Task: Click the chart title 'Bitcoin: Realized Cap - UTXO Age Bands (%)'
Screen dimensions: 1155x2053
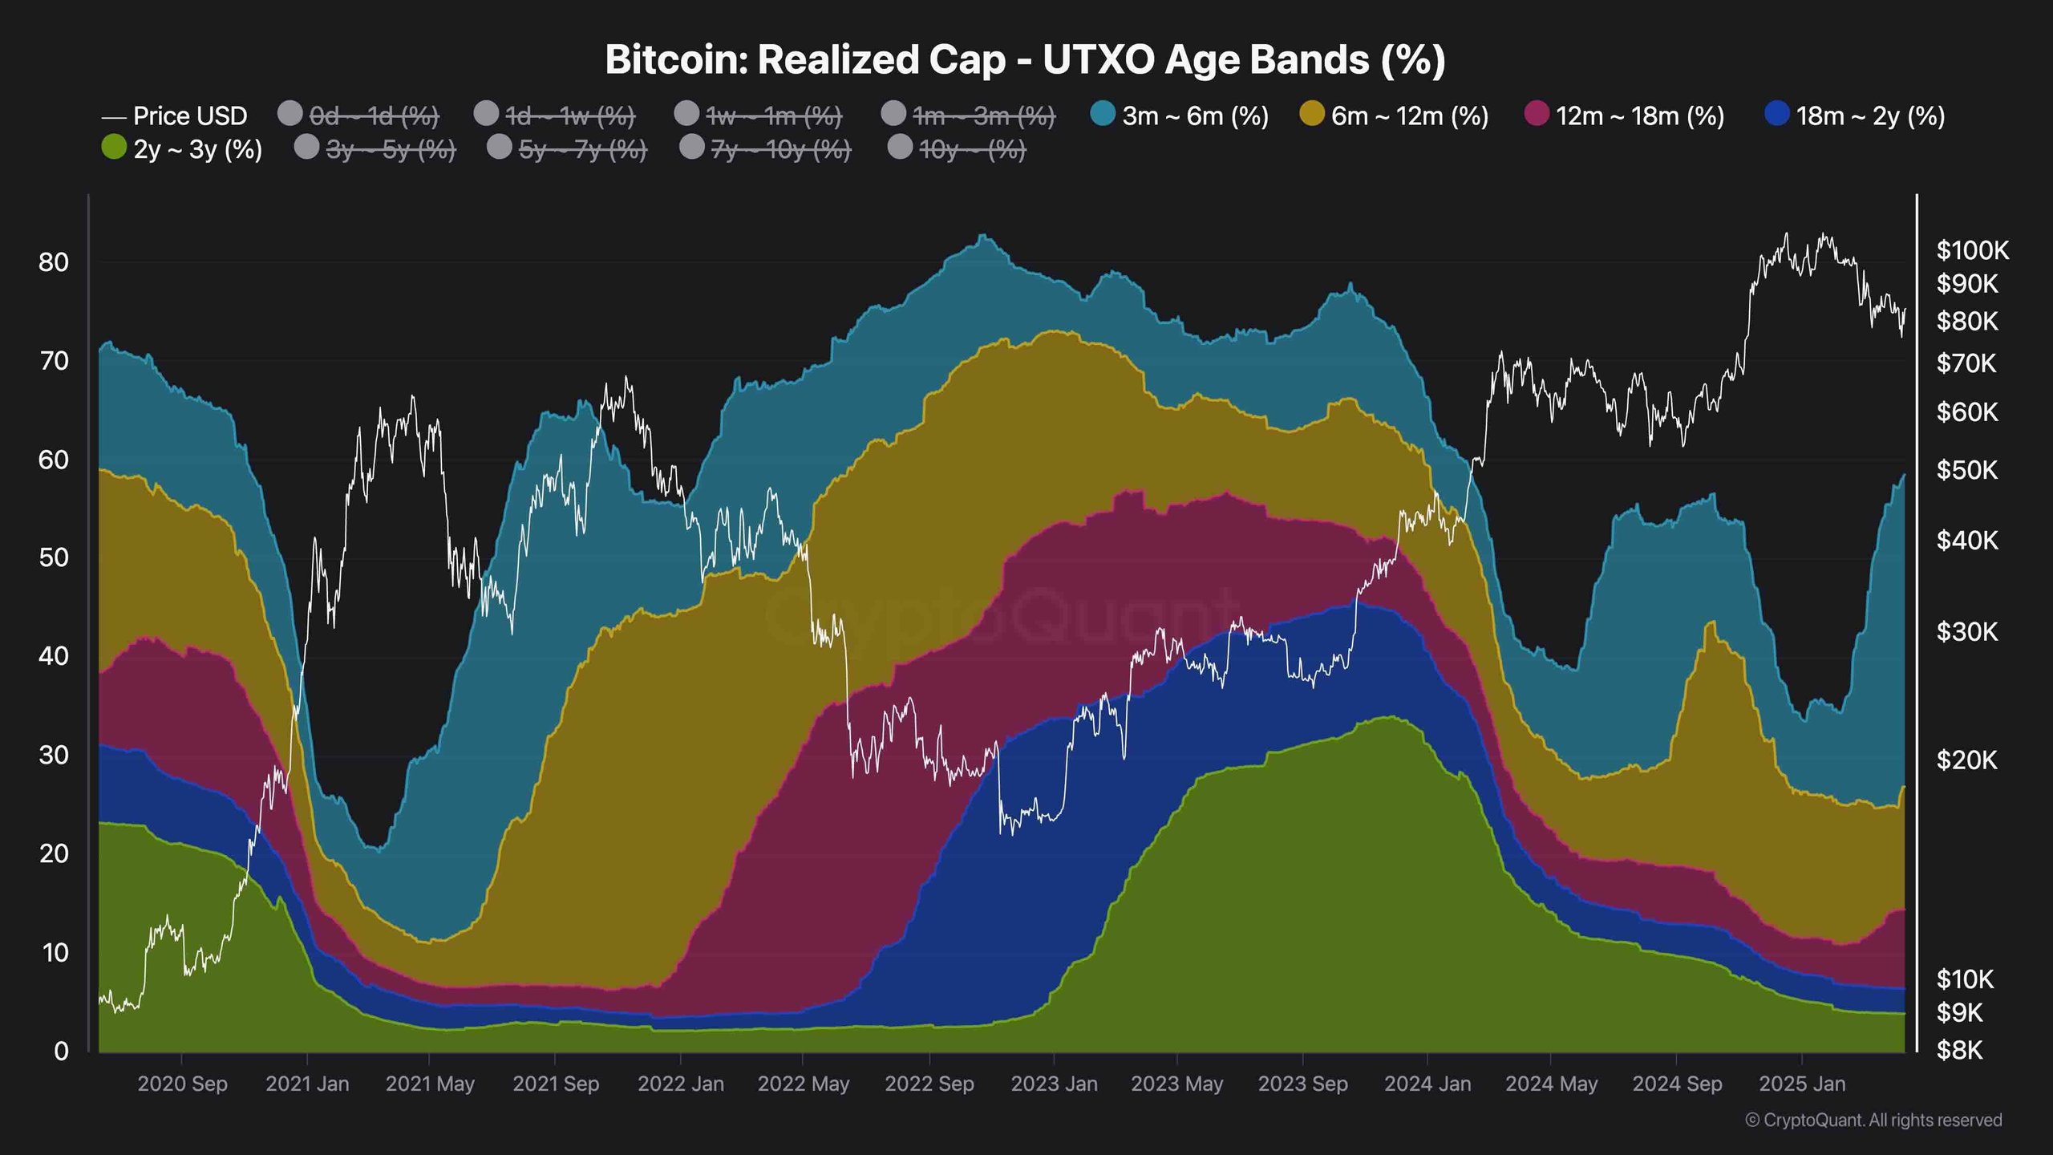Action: [x=1025, y=60]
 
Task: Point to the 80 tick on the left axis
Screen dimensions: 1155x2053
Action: [x=54, y=262]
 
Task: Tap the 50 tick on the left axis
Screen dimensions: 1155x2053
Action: [x=54, y=557]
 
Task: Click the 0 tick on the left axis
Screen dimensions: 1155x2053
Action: [x=61, y=1051]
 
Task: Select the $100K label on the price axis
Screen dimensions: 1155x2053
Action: [x=1973, y=251]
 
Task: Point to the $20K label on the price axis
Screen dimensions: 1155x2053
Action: [x=1966, y=760]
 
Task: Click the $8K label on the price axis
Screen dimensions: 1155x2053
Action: [x=1959, y=1050]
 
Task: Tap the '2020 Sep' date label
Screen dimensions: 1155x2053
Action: [x=182, y=1084]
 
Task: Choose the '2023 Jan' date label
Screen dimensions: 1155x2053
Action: [x=1054, y=1084]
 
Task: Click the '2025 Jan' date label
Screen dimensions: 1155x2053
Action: [x=1802, y=1084]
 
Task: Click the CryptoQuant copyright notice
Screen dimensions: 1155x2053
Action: [x=1873, y=1120]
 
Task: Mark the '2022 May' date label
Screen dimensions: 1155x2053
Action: [x=803, y=1084]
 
